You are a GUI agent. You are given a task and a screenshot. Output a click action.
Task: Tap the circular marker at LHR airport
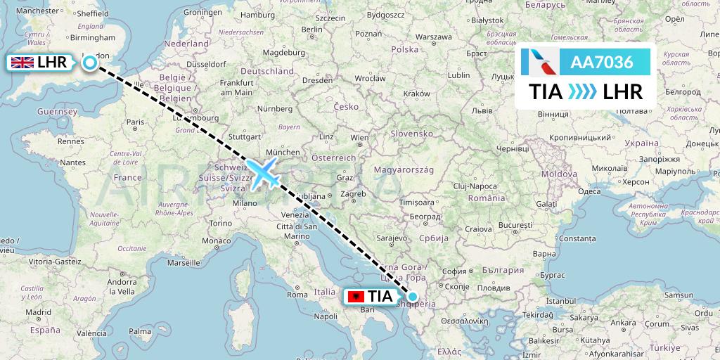[90, 63]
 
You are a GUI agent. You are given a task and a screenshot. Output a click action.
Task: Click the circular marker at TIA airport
[412, 297]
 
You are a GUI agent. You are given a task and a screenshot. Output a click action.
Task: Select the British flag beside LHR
[22, 63]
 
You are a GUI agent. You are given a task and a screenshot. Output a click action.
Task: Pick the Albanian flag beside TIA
[357, 297]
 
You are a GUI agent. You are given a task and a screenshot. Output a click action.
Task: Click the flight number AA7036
[602, 62]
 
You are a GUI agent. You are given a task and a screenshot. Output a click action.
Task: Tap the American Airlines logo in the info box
[540, 62]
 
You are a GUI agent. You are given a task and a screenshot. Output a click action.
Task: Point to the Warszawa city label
[432, 37]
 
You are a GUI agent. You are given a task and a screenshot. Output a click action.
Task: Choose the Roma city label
[297, 295]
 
